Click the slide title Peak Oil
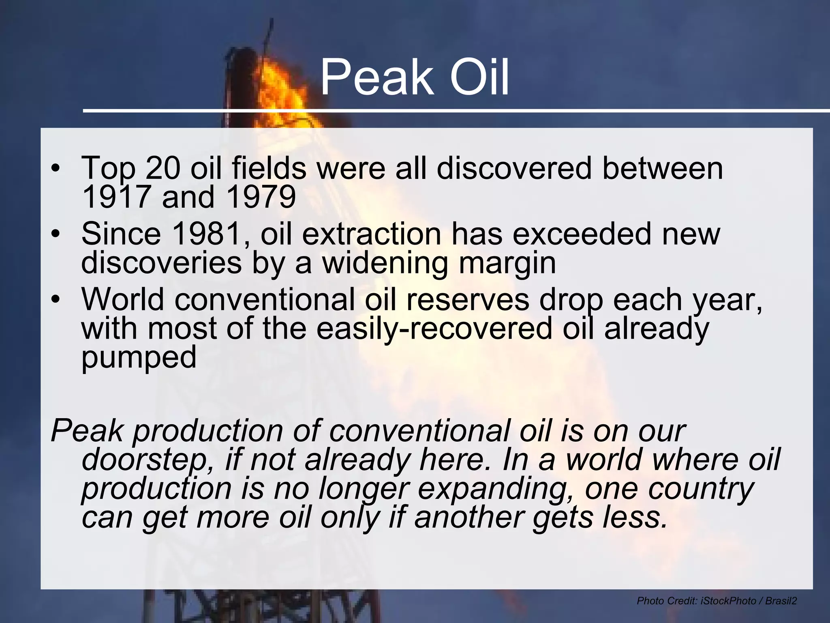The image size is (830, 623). click(x=414, y=77)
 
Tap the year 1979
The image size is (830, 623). click(x=261, y=198)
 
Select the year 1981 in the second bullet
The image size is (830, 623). click(x=207, y=234)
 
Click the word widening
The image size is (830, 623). click(x=385, y=263)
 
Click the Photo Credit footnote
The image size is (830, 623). click(x=717, y=601)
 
